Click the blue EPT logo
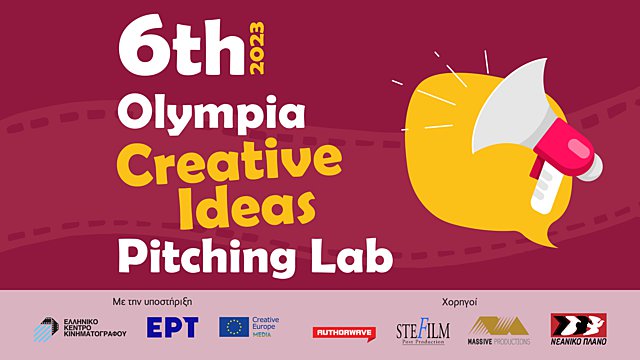(x=172, y=326)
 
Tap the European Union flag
(x=235, y=326)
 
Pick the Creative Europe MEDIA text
(x=266, y=326)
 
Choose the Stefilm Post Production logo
(x=420, y=328)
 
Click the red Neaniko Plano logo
(x=577, y=327)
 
